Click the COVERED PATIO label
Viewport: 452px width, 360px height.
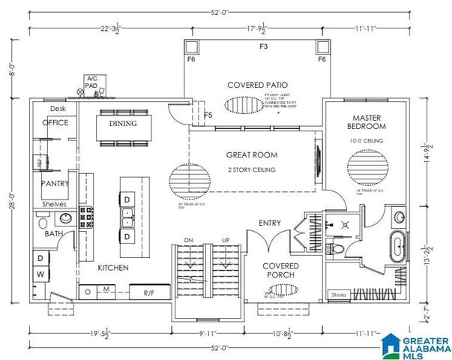[x=258, y=85]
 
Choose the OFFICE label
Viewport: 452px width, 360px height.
[x=55, y=122]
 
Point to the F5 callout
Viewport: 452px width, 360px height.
[x=208, y=115]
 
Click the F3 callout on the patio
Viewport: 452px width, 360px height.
[x=263, y=46]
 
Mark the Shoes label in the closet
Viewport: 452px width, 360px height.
[x=338, y=295]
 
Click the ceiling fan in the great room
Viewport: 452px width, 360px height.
[x=186, y=180]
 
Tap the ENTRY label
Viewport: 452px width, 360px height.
[x=270, y=223]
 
